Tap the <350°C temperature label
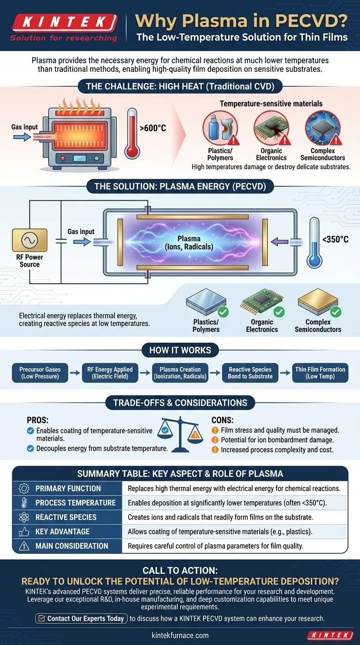tap(336, 240)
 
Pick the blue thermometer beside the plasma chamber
tap(314, 242)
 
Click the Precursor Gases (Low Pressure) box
tap(40, 373)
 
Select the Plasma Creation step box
tap(180, 373)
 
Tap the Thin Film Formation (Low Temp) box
tap(320, 373)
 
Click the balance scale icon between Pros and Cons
tap(181, 430)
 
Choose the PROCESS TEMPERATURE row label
tap(75, 503)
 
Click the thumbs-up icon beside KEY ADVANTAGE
tap(23, 532)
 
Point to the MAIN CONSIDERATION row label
tap(72, 546)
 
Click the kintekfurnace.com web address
tap(180, 635)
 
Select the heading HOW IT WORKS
tap(180, 350)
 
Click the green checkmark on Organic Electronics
tap(278, 311)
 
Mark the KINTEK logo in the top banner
tap(63, 22)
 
